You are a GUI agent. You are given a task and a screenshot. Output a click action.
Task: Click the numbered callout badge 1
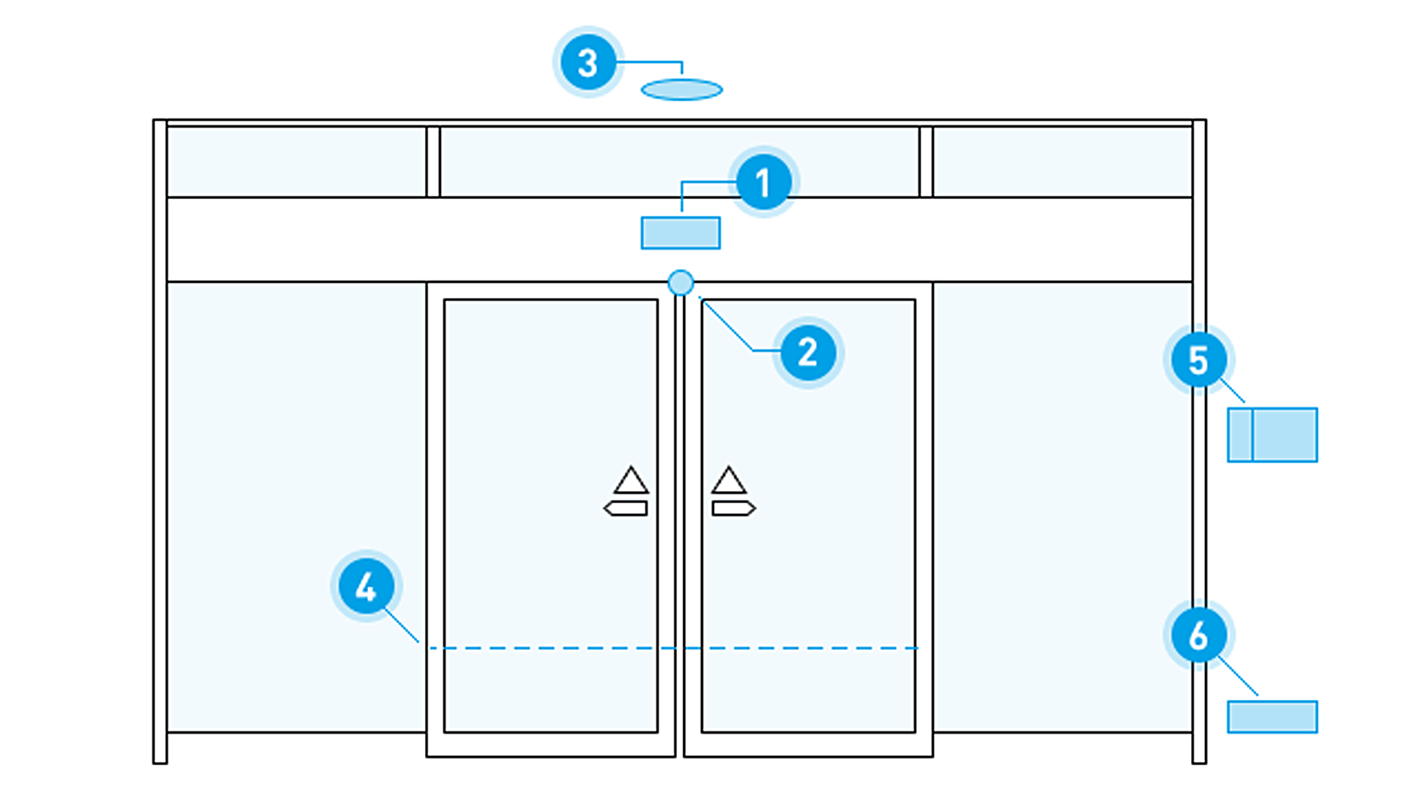pyautogui.click(x=763, y=183)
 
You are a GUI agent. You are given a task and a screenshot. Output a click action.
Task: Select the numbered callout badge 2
pyautogui.click(x=808, y=353)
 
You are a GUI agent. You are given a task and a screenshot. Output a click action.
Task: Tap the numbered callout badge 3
pyautogui.click(x=588, y=63)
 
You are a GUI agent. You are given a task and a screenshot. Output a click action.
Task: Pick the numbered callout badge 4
pyautogui.click(x=367, y=587)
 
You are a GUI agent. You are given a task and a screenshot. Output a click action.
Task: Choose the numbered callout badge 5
pyautogui.click(x=1198, y=360)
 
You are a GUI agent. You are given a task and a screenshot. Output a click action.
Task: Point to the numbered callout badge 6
pyautogui.click(x=1198, y=635)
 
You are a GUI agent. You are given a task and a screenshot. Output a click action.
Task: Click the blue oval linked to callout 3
pyautogui.click(x=682, y=90)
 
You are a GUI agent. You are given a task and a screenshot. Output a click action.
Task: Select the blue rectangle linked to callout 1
pyautogui.click(x=681, y=233)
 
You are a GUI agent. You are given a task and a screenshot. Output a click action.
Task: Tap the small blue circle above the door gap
pyautogui.click(x=680, y=283)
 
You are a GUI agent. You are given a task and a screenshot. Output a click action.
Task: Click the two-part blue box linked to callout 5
pyautogui.click(x=1273, y=435)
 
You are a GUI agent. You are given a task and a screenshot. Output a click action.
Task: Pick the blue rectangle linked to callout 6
pyautogui.click(x=1273, y=717)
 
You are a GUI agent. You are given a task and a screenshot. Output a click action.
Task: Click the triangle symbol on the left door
pyautogui.click(x=631, y=482)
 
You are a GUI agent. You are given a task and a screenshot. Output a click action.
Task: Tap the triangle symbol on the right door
pyautogui.click(x=729, y=482)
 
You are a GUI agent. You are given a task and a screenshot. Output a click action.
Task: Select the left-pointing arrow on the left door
pyautogui.click(x=626, y=508)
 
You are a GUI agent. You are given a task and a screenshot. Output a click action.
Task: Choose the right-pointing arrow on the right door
pyautogui.click(x=734, y=508)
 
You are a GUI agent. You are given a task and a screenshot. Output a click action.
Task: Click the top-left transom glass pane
pyautogui.click(x=297, y=161)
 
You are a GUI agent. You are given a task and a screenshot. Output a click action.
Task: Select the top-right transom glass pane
pyautogui.click(x=1063, y=161)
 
